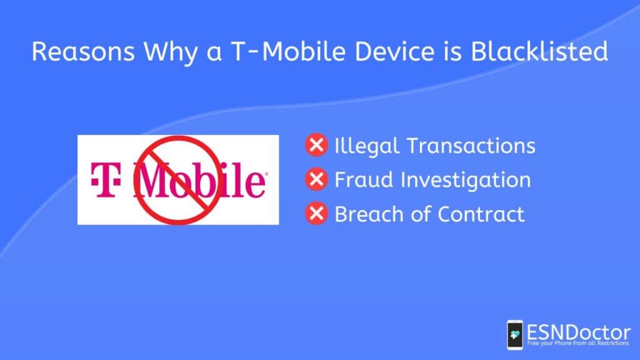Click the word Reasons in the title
(x=83, y=51)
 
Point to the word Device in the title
(x=394, y=51)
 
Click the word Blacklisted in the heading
(x=539, y=51)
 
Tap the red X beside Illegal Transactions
(x=316, y=145)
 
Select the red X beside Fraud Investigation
(x=316, y=179)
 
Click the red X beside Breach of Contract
(x=316, y=214)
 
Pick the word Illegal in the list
(x=366, y=146)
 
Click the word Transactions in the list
(x=471, y=146)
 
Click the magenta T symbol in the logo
(x=105, y=179)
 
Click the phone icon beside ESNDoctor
(x=515, y=335)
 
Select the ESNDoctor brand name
(x=578, y=332)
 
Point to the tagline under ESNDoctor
(x=577, y=343)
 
